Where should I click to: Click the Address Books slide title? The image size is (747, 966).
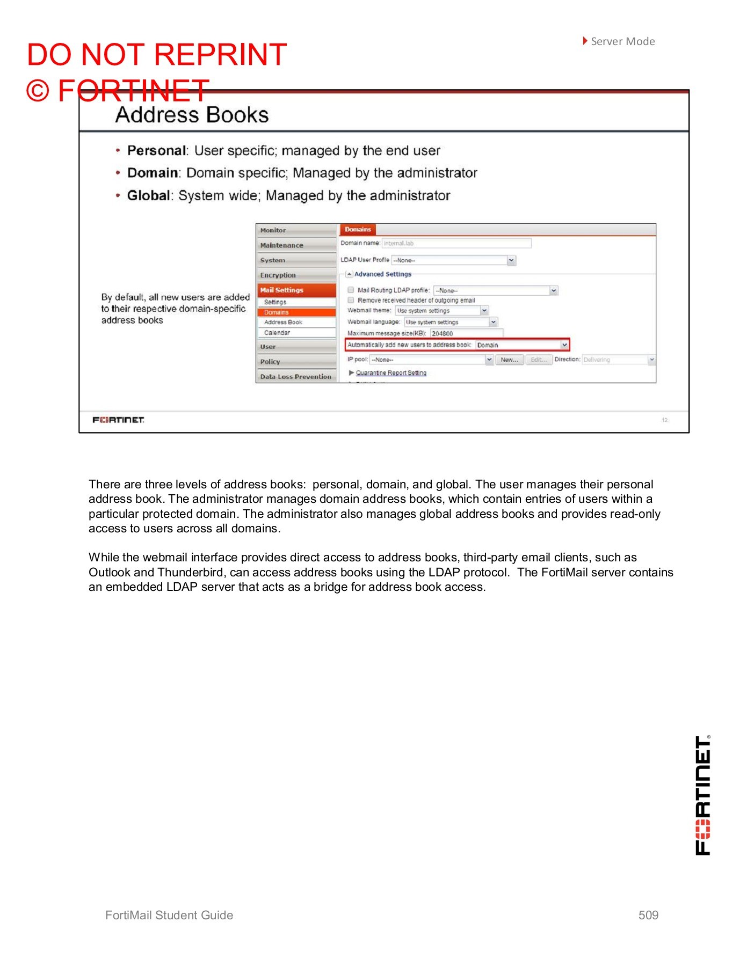192,115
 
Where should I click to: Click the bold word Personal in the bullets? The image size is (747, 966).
156,151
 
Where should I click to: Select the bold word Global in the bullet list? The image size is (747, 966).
148,196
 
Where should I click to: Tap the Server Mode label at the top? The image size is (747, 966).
622,41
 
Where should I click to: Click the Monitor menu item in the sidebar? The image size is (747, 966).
273,230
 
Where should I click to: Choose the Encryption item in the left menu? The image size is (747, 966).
278,275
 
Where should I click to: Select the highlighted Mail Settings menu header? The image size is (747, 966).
282,290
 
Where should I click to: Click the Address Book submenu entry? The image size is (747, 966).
283,323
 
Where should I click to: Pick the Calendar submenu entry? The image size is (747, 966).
277,333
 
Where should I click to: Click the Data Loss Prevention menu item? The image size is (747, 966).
295,377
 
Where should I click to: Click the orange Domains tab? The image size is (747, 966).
358,230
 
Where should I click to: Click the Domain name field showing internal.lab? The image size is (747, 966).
456,244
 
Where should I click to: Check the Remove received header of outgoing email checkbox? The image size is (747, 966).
351,301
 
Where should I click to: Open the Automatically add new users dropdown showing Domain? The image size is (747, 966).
564,345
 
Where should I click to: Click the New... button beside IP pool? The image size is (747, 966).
509,360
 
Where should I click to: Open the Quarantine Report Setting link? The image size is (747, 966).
391,373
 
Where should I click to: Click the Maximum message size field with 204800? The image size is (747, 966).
466,334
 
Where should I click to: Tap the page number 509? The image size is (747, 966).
648,916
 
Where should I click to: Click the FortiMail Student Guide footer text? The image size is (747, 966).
169,916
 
